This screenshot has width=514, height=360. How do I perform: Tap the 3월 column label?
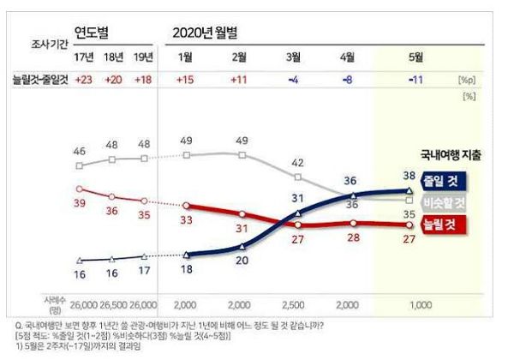[295, 57]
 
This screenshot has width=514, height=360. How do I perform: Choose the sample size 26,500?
[112, 304]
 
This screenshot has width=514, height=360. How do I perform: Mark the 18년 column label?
[113, 57]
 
